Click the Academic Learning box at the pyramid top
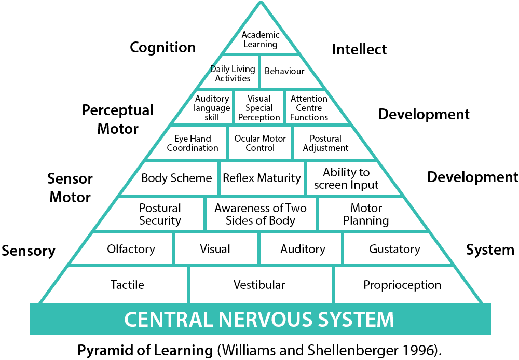tap(261, 39)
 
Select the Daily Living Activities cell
tap(233, 74)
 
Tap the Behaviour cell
tap(284, 71)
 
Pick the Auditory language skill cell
tap(212, 108)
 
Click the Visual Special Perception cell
tap(259, 108)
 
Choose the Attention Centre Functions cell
tap(309, 108)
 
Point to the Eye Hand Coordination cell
tap(193, 143)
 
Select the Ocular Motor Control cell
tap(260, 143)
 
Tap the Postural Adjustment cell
tap(325, 143)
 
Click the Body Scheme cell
tap(176, 178)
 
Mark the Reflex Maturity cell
tap(262, 178)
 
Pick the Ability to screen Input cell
tap(346, 178)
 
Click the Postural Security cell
tap(160, 214)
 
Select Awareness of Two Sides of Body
tap(261, 214)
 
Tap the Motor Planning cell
tap(366, 214)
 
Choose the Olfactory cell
tap(131, 249)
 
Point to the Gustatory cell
tap(394, 249)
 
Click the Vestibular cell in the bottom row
tap(259, 285)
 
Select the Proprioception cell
tap(402, 285)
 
